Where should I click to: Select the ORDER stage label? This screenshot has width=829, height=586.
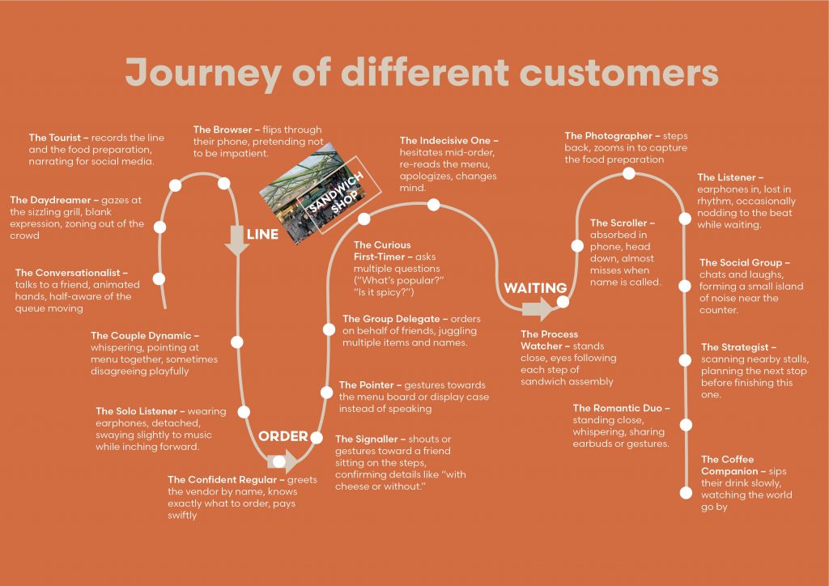[283, 436]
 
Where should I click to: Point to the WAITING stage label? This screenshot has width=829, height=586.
[535, 288]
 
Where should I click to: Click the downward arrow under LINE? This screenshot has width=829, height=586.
[237, 240]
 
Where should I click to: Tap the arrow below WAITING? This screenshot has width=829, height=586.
[538, 308]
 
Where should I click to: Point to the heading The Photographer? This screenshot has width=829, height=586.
[610, 136]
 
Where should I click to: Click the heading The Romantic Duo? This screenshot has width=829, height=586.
[621, 409]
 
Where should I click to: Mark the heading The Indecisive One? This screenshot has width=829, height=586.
[449, 141]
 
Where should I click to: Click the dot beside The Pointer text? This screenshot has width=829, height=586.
[326, 393]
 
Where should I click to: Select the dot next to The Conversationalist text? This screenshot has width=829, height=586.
[159, 278]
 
